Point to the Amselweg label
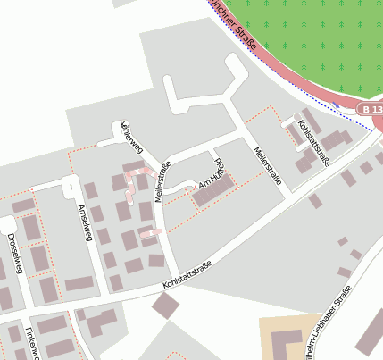point(86,218)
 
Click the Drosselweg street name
point(12,247)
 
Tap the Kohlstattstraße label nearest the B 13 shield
point(314,142)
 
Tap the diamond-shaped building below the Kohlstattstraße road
point(165,306)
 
